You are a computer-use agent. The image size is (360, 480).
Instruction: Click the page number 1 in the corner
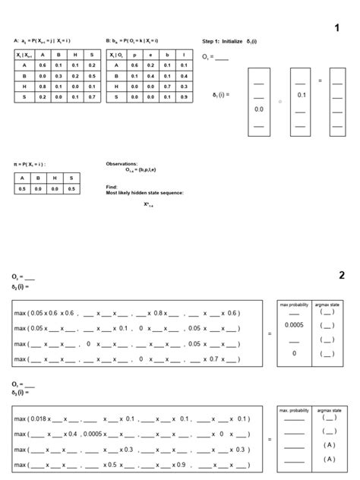pos(336,28)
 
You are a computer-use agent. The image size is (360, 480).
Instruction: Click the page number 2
pos(342,274)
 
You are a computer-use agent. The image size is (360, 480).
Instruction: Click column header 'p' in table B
pos(135,55)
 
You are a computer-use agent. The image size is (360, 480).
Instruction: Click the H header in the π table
pos(55,177)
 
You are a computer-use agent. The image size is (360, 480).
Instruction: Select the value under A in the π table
pos(23,188)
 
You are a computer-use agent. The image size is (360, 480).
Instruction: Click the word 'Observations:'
pos(122,163)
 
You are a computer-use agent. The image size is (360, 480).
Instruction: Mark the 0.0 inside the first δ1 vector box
pos(259,109)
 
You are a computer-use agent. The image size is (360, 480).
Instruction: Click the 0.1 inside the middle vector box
pos(301,95)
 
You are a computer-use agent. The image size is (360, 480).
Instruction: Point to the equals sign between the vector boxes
pos(320,81)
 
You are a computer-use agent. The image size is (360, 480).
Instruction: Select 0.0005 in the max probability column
pos(294,325)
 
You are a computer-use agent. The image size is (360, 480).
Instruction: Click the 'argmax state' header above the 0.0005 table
pos(328,304)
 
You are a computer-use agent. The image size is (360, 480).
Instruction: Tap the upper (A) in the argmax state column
pos(328,445)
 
